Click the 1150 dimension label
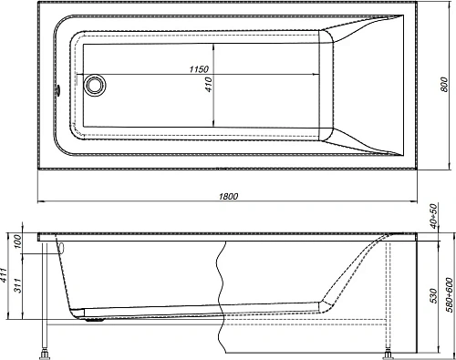(202, 70)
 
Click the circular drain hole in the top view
(93, 88)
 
